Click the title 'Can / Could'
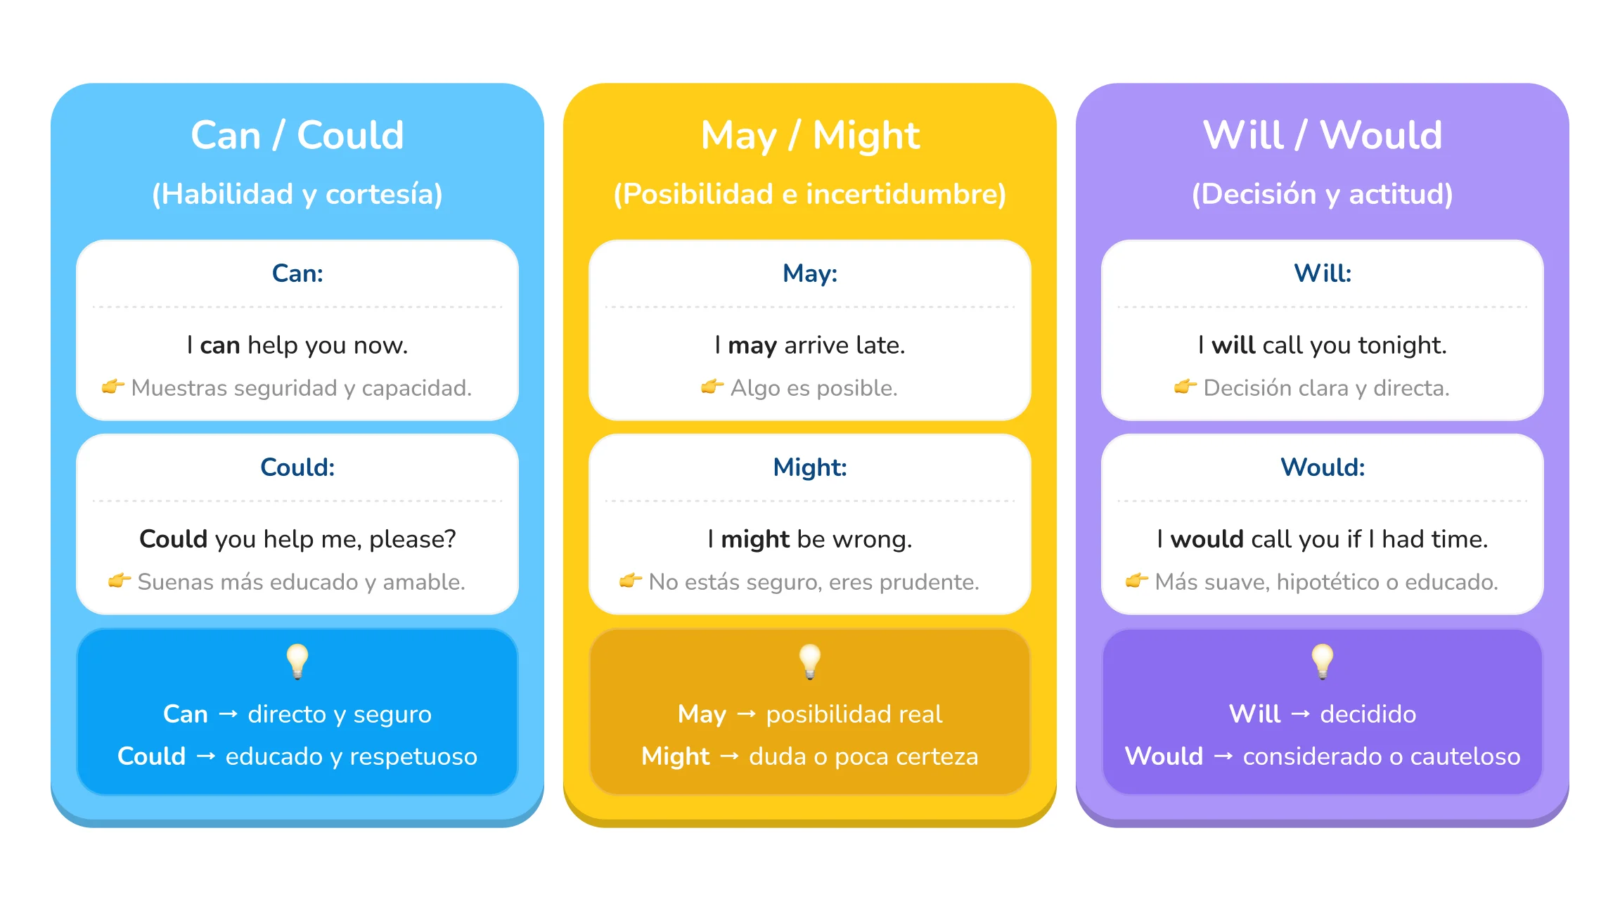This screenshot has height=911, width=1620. (x=297, y=135)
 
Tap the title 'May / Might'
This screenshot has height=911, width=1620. (x=810, y=135)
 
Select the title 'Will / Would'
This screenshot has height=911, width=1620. (x=1322, y=135)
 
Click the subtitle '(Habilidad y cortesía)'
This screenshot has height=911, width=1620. (x=297, y=194)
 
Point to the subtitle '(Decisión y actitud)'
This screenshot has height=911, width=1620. (x=1322, y=194)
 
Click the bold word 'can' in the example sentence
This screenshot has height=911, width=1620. (x=220, y=345)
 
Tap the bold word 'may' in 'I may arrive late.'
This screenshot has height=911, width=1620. (x=752, y=345)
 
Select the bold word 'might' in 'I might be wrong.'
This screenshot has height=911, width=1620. (x=755, y=539)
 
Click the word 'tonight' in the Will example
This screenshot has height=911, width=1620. (x=1401, y=345)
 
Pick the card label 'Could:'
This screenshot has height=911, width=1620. (x=297, y=467)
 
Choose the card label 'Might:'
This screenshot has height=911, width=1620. (x=810, y=467)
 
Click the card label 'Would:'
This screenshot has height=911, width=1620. (x=1322, y=467)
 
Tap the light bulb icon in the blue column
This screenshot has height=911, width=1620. (x=297, y=661)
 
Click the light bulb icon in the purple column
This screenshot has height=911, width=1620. (x=1323, y=661)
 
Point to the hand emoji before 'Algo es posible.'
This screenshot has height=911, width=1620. (x=712, y=387)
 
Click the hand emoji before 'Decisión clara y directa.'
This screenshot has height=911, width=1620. (x=1185, y=387)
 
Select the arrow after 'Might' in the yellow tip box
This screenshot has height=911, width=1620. (x=730, y=756)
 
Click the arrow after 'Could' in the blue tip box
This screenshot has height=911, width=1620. (x=206, y=756)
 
